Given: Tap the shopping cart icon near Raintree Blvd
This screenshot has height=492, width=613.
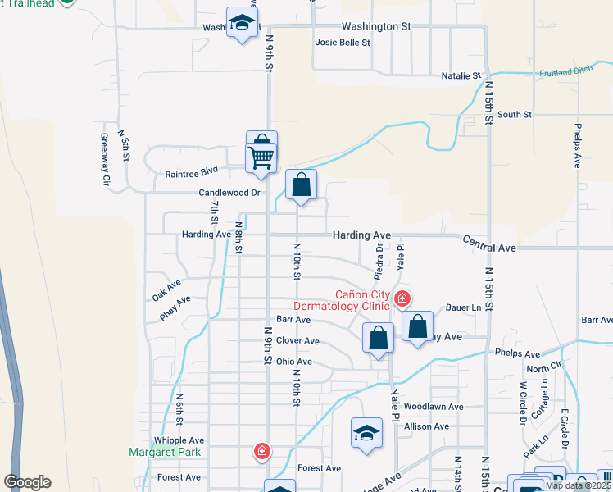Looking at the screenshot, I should (261, 156).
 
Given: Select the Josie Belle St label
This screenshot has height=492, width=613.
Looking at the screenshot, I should (343, 43).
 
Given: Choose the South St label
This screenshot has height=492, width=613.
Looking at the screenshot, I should (514, 115).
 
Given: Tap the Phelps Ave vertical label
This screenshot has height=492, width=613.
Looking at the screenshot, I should (578, 146).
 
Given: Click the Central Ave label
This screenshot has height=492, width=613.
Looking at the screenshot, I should (489, 245).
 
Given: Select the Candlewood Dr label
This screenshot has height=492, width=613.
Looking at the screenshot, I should (229, 193).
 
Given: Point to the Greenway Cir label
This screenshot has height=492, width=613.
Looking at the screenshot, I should (106, 160).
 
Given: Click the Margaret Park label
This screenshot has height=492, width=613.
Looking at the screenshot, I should (165, 452).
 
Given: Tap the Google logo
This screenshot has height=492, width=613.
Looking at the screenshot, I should (27, 482).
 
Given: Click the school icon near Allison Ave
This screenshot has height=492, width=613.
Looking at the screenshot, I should (366, 434).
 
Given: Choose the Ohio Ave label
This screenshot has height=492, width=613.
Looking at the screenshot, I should (293, 362).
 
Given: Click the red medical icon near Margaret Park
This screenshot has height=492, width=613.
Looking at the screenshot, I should (261, 451).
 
